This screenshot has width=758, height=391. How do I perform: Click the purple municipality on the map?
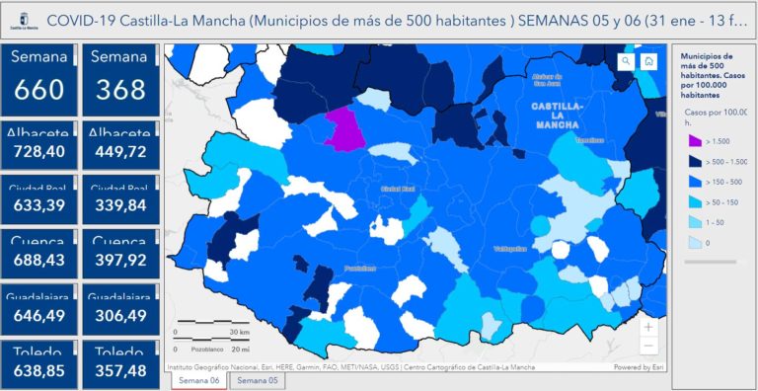343,128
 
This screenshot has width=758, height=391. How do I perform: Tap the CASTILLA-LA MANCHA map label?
557,115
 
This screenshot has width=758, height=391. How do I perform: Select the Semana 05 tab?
257,380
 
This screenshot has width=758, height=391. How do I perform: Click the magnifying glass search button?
626,61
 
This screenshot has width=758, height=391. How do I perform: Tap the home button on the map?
648,61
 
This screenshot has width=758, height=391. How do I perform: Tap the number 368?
118,91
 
